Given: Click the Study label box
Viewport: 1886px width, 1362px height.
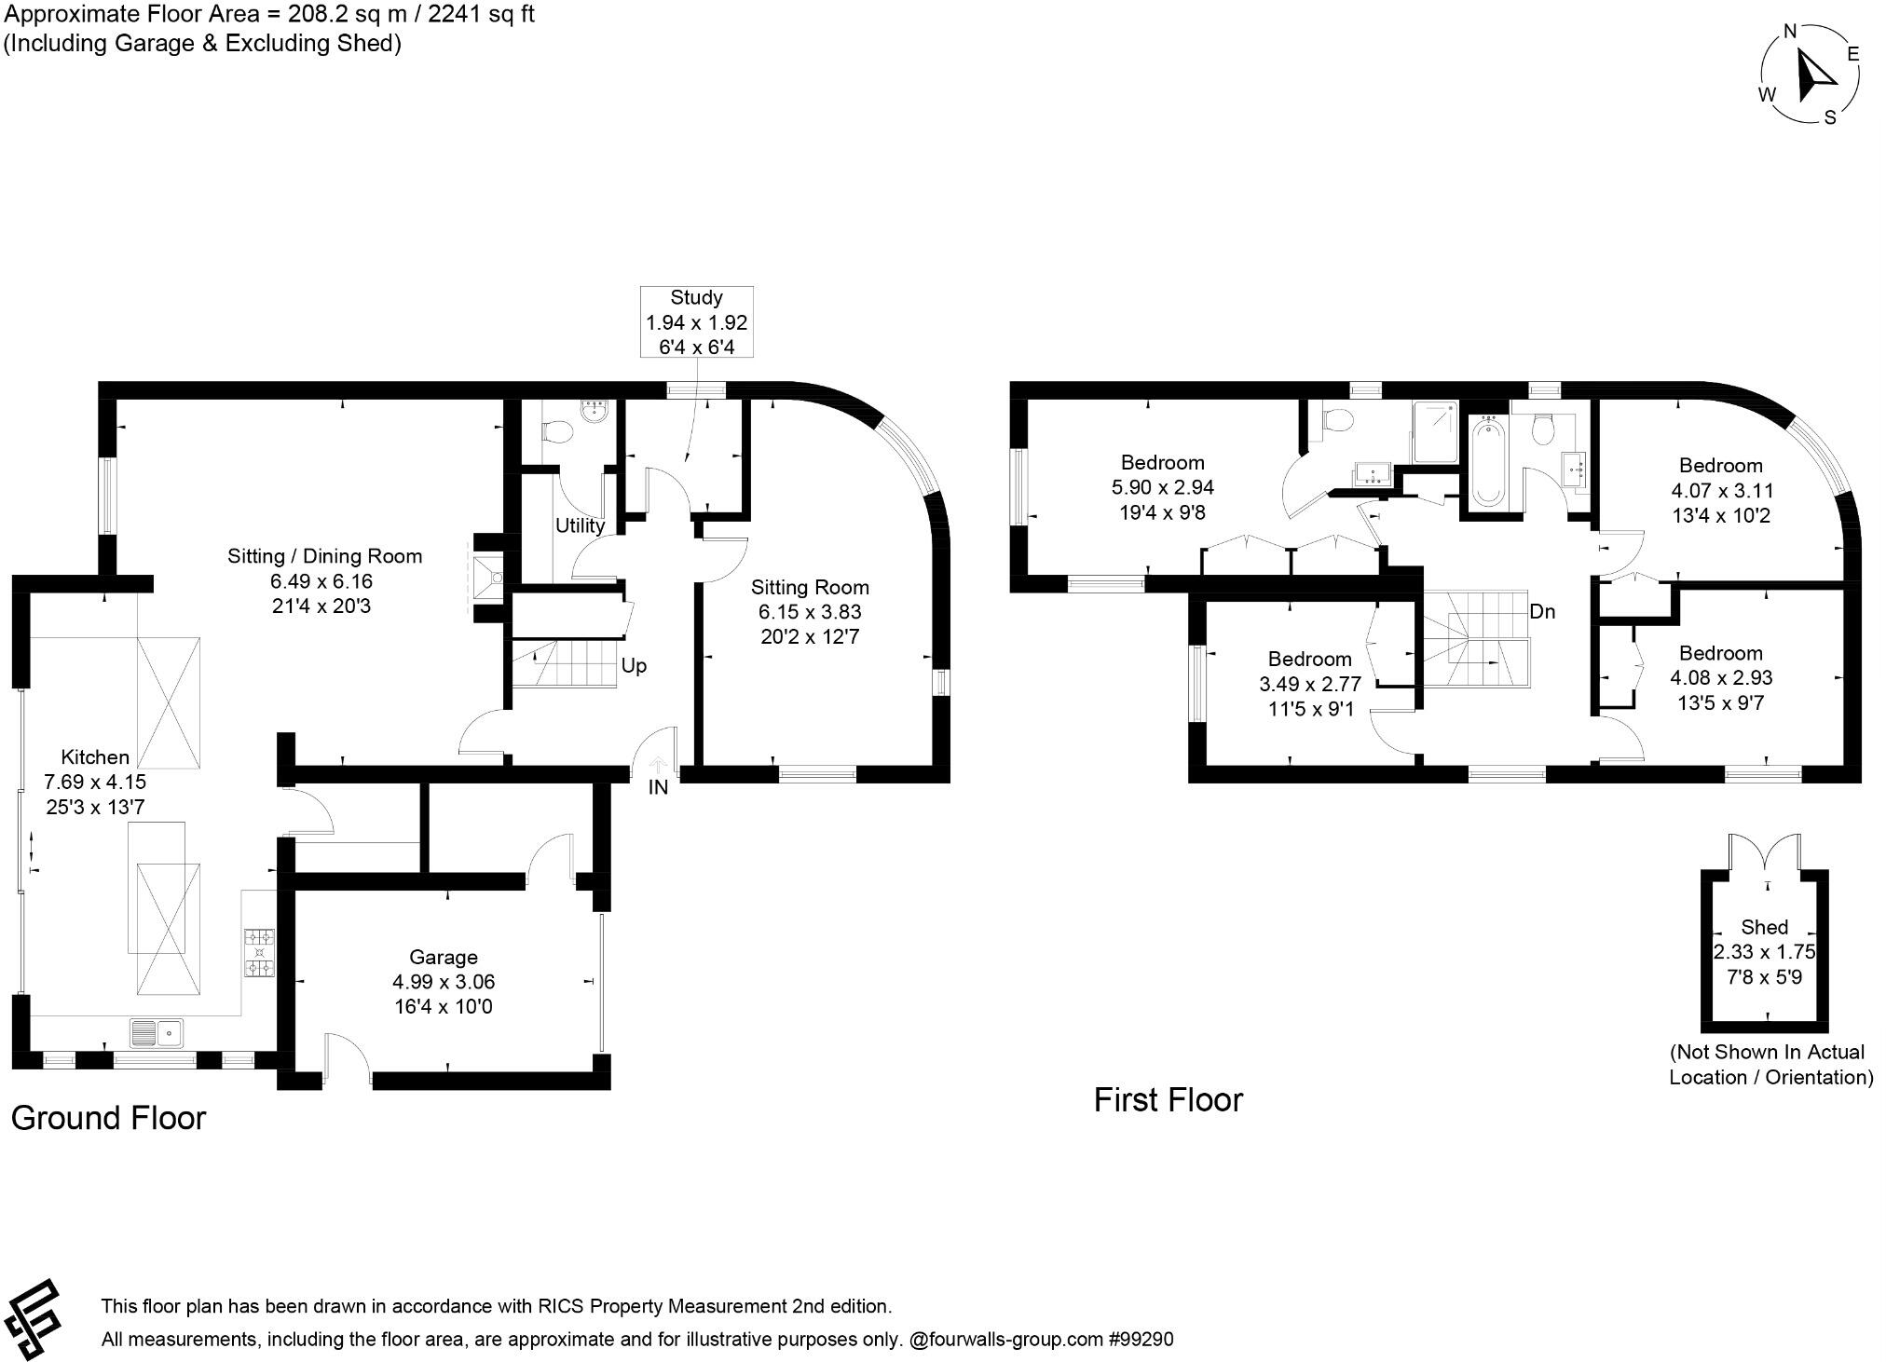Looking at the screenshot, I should click(696, 321).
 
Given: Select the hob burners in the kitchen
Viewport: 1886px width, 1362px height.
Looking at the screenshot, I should click(260, 953).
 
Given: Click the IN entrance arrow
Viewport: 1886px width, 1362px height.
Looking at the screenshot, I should click(658, 767).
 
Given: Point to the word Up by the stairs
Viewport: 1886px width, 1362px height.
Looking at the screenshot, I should click(634, 666).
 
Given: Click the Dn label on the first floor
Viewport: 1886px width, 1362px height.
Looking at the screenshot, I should click(1542, 612).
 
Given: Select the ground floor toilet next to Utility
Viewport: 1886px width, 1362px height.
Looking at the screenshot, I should click(558, 432).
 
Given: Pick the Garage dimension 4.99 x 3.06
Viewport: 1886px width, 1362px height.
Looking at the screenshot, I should click(444, 982).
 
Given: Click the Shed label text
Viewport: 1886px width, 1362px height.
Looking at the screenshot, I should click(1764, 927).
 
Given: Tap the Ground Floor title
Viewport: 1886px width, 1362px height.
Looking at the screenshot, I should click(108, 1118).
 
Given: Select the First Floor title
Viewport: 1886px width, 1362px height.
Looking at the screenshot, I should click(1168, 1100).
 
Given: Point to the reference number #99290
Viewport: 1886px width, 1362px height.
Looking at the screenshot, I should click(1141, 1340).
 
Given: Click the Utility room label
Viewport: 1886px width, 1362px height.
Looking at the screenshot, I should click(580, 525).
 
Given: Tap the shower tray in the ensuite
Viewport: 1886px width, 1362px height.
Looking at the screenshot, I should click(1435, 432).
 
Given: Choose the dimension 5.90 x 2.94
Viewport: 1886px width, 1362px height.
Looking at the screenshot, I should click(1162, 487).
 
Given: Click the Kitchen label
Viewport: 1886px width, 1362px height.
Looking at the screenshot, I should click(95, 757).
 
